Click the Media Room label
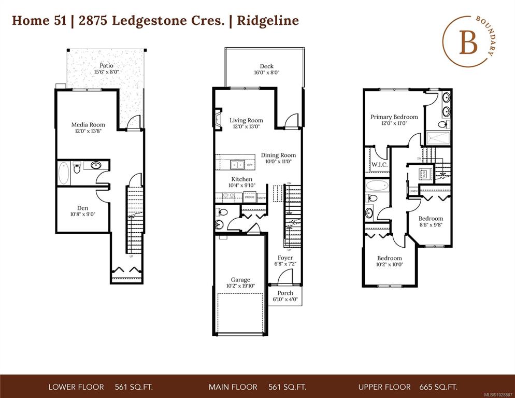coord(88,124)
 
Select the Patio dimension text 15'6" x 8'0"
coord(106,73)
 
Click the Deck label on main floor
coord(267,66)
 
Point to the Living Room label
coord(246,120)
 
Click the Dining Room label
coord(278,155)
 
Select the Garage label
coord(240,279)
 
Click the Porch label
coord(285,293)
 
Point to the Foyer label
coord(285,258)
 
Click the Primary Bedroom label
coord(394,117)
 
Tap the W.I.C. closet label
coord(379,165)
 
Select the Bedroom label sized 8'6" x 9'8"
coord(431,218)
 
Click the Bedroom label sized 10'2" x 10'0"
coord(389,258)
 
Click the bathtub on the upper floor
coord(376,186)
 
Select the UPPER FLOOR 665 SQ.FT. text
coord(408,387)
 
